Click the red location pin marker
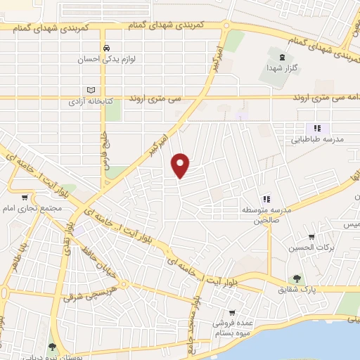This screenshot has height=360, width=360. click(x=181, y=165)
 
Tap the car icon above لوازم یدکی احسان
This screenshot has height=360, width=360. click(x=105, y=49)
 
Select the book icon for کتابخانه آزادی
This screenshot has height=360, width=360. click(x=89, y=90)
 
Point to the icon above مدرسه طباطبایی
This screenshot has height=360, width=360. click(x=317, y=128)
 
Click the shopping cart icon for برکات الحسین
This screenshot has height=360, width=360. click(x=311, y=237)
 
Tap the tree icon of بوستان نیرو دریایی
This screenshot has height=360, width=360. click(x=52, y=345)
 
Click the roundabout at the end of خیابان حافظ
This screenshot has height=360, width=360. click(x=124, y=285)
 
